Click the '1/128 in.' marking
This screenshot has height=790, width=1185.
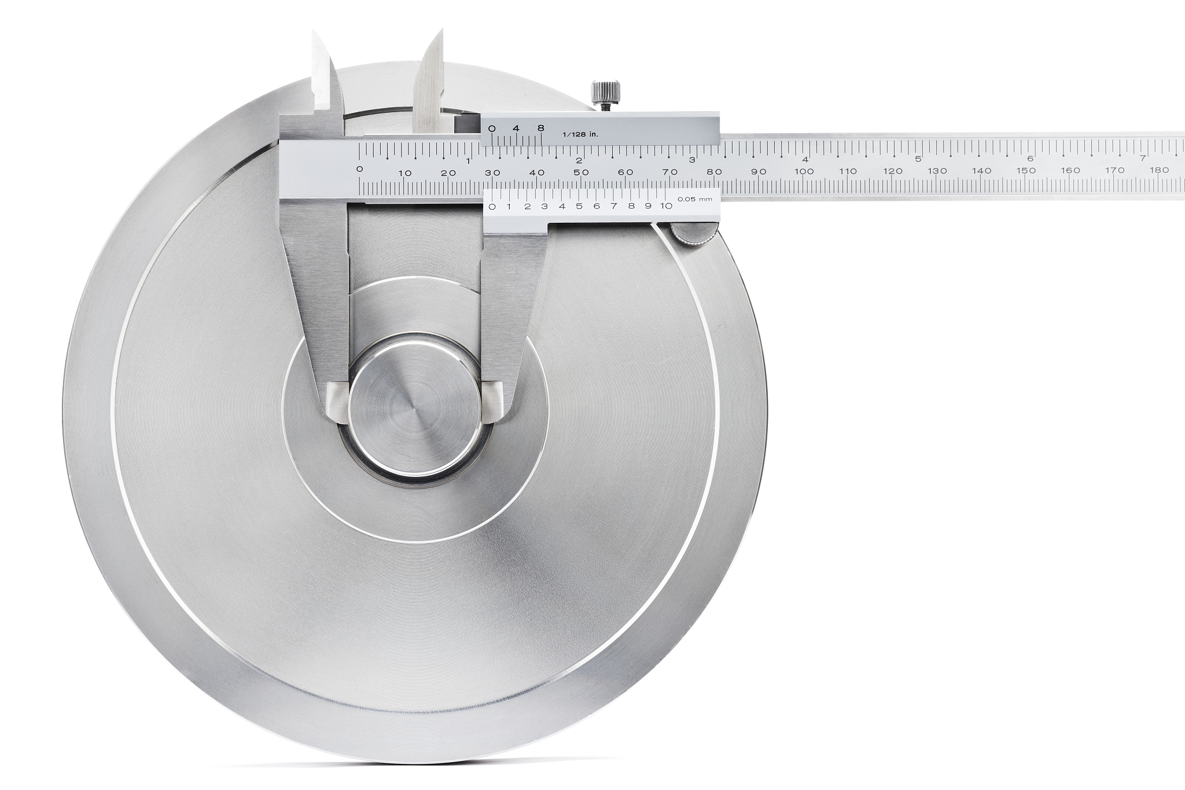(x=580, y=134)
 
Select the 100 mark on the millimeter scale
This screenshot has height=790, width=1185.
(x=804, y=171)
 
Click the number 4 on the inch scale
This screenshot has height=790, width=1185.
(x=805, y=159)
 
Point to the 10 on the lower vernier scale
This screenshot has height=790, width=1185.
(x=666, y=205)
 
